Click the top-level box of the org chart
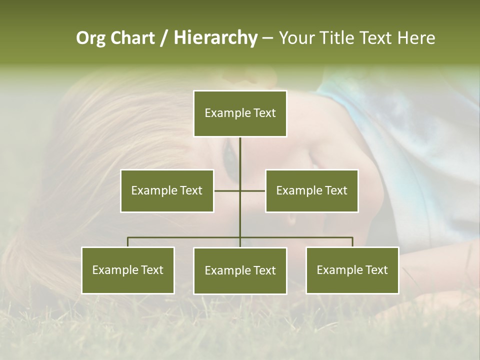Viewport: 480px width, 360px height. (240, 113)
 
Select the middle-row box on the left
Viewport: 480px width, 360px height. (167, 190)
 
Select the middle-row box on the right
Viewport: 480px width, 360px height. (311, 190)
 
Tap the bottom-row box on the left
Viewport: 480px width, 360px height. (128, 270)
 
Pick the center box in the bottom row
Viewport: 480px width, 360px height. (240, 270)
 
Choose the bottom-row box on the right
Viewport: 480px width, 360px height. (352, 270)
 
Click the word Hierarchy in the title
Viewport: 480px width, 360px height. (215, 38)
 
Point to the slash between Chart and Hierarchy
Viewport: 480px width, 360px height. (163, 38)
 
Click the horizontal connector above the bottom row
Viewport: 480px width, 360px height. (185, 237)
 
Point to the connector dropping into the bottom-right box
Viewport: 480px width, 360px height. (352, 242)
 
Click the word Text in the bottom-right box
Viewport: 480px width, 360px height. (377, 270)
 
